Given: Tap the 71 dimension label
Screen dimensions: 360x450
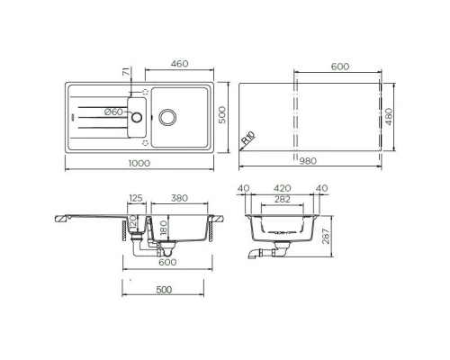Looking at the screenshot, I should click(x=128, y=72).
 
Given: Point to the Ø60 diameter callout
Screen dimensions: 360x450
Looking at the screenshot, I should click(x=113, y=111).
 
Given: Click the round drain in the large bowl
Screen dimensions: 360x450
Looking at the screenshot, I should click(x=166, y=116).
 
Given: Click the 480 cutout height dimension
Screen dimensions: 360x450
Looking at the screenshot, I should click(x=389, y=116).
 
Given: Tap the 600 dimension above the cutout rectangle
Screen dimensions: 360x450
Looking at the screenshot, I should click(x=338, y=67).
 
